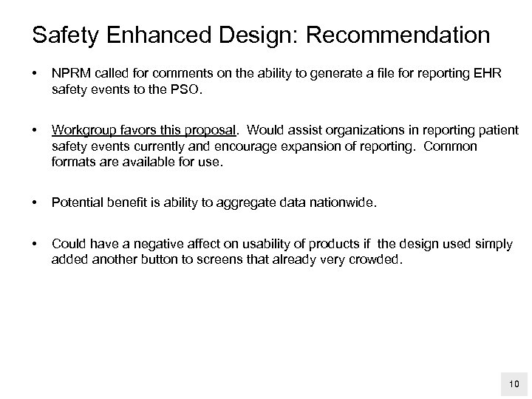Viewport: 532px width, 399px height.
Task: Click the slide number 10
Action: pyautogui.click(x=512, y=383)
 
